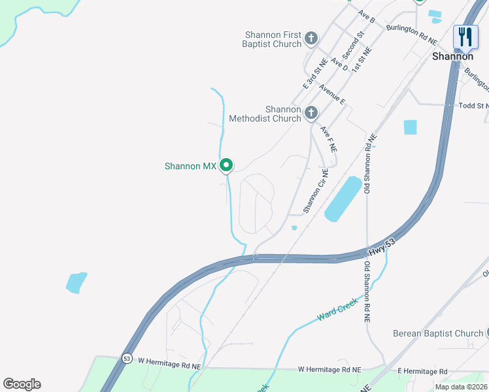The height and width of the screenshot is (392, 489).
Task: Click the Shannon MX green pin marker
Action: click(x=226, y=166)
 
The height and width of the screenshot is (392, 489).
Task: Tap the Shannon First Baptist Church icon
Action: click(x=311, y=39)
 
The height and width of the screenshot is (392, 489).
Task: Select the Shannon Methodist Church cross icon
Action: click(x=311, y=114)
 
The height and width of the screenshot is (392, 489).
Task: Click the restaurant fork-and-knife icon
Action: click(x=465, y=37)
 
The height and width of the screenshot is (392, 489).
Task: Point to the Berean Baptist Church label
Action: click(x=437, y=333)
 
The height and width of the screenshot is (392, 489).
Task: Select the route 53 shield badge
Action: click(x=126, y=358)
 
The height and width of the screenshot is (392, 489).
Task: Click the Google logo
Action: click(x=22, y=384)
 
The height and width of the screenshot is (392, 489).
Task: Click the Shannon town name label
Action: click(x=452, y=56)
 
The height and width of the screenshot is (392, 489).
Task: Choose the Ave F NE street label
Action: click(x=329, y=139)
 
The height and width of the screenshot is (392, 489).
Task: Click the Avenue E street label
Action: click(x=332, y=93)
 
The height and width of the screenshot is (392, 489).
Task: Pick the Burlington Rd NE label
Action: click(x=411, y=33)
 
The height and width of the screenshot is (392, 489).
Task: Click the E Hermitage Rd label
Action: click(x=424, y=370)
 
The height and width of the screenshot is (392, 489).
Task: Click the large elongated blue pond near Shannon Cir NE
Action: click(x=343, y=199)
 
